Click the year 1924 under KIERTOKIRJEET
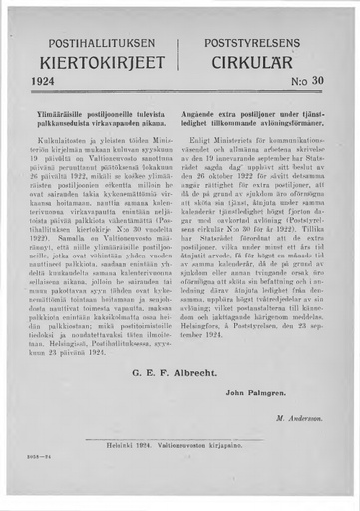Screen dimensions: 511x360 [46, 79]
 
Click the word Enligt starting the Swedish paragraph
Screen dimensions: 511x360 [210, 135]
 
